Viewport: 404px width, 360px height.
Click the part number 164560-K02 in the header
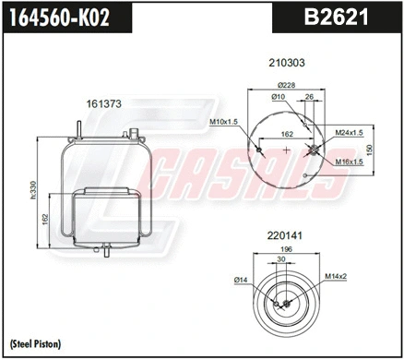[x=56, y=16]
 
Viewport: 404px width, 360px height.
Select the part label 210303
[x=286, y=64]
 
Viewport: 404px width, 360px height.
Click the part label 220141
[x=286, y=235]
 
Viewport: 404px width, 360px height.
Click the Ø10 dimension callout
[x=279, y=97]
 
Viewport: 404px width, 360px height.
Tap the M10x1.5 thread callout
[x=224, y=121]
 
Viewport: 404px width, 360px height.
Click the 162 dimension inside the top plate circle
[x=287, y=134]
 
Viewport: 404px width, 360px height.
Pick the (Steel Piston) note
[x=35, y=342]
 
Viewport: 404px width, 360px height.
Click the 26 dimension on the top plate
[x=309, y=97]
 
